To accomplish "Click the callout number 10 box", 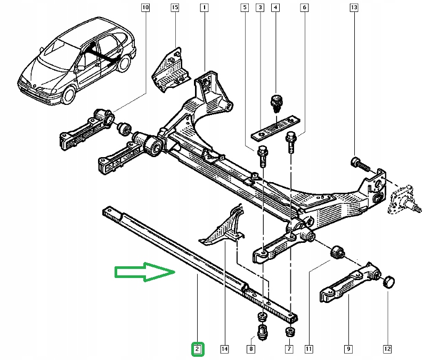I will [x=146, y=8].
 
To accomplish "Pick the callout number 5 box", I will [x=244, y=8].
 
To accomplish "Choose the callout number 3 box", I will [x=259, y=8].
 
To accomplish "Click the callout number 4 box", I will [x=275, y=8].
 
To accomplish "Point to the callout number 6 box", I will [x=304, y=8].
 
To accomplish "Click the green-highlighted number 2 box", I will [x=197, y=349].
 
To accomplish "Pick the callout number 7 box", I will [x=289, y=349].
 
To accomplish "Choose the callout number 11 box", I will [x=308, y=349].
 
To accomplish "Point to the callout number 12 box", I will [x=387, y=349].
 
